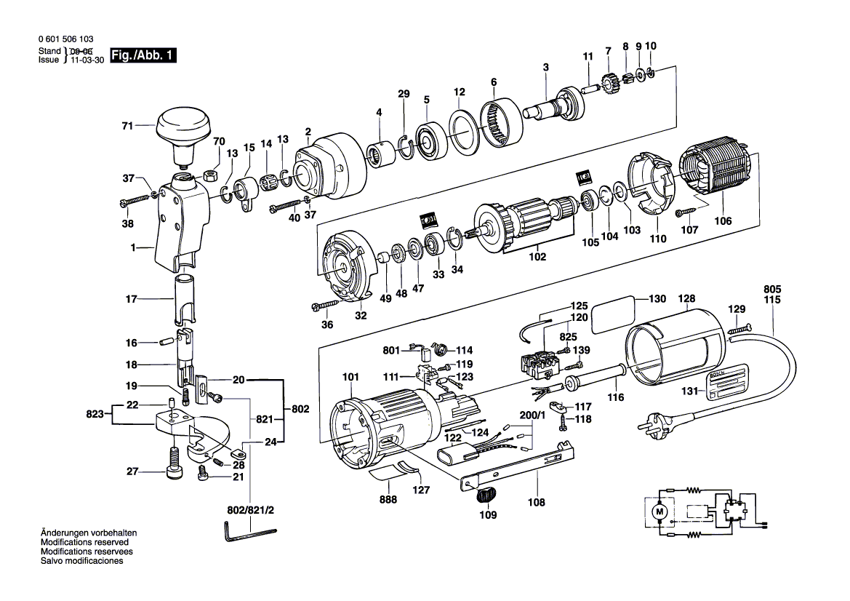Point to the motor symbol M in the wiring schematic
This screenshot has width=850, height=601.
pyautogui.click(x=660, y=512)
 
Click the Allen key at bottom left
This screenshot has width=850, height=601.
pyautogui.click(x=247, y=534)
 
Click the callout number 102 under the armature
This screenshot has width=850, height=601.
pyautogui.click(x=537, y=257)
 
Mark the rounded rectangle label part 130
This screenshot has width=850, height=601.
pyautogui.click(x=612, y=317)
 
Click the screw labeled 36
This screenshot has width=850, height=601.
pyautogui.click(x=326, y=305)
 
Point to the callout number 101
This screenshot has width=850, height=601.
pyautogui.click(x=350, y=377)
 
